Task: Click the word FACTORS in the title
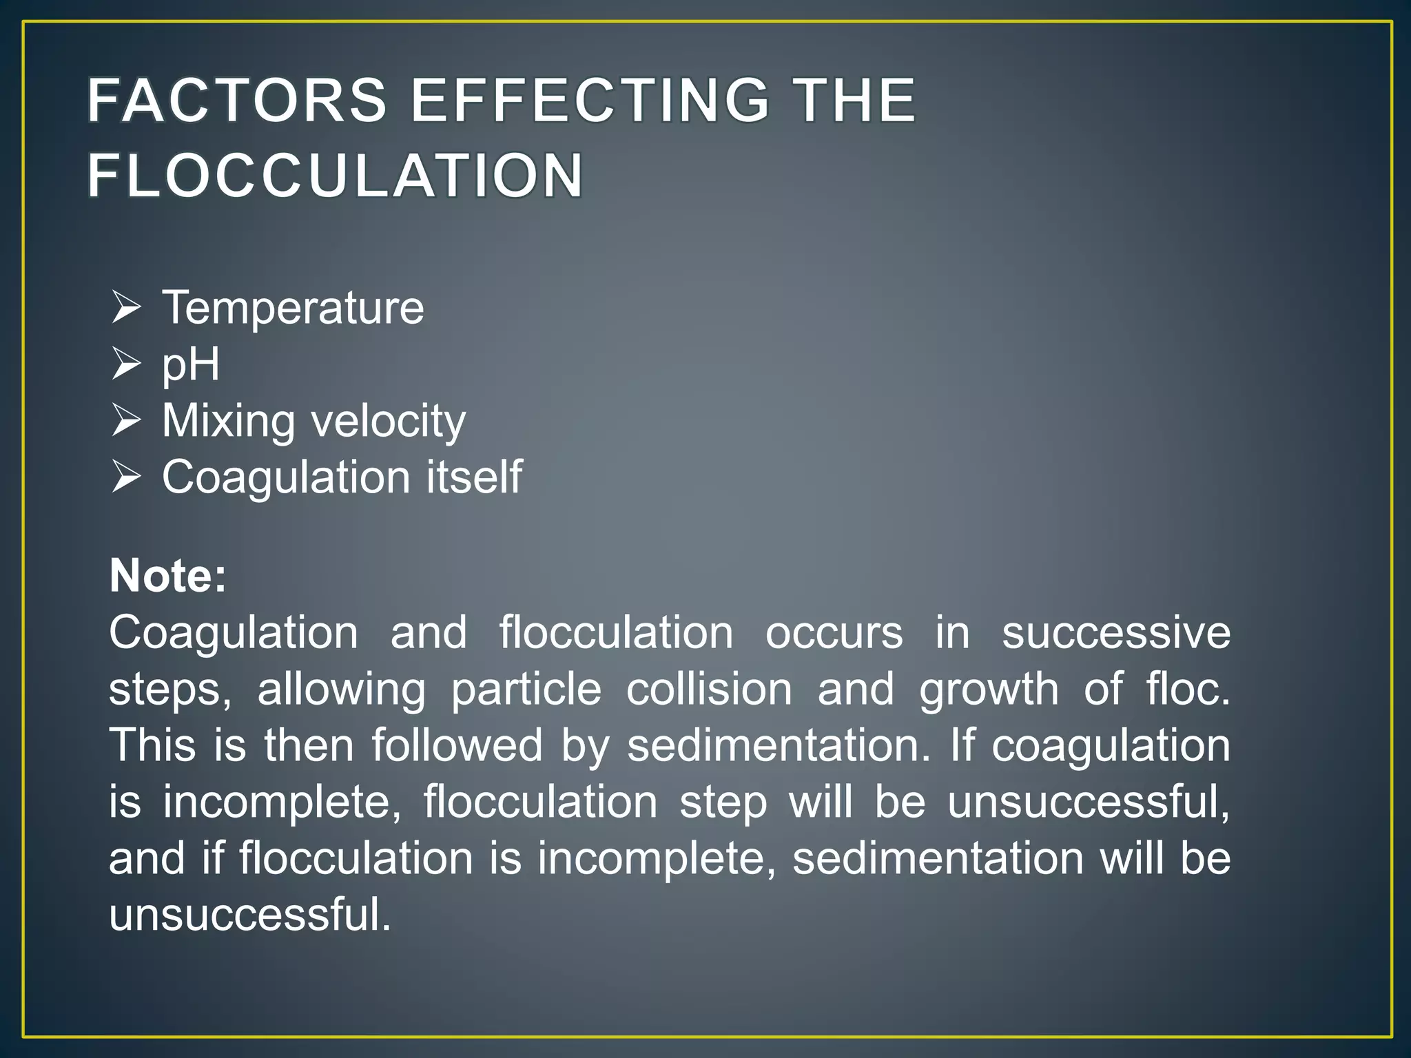tap(237, 101)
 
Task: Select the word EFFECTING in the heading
tap(590, 101)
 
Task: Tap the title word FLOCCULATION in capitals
tap(336, 176)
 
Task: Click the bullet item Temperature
tap(293, 307)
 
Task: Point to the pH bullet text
tap(191, 364)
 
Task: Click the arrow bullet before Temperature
tap(126, 307)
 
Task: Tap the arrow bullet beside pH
tap(126, 364)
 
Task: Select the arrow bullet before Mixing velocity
tap(126, 420)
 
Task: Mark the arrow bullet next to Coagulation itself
tap(126, 477)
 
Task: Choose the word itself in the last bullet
tap(474, 477)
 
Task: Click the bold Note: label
tap(168, 575)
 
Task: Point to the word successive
tap(1115, 632)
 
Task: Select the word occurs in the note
tap(834, 632)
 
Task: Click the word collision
tap(709, 689)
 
